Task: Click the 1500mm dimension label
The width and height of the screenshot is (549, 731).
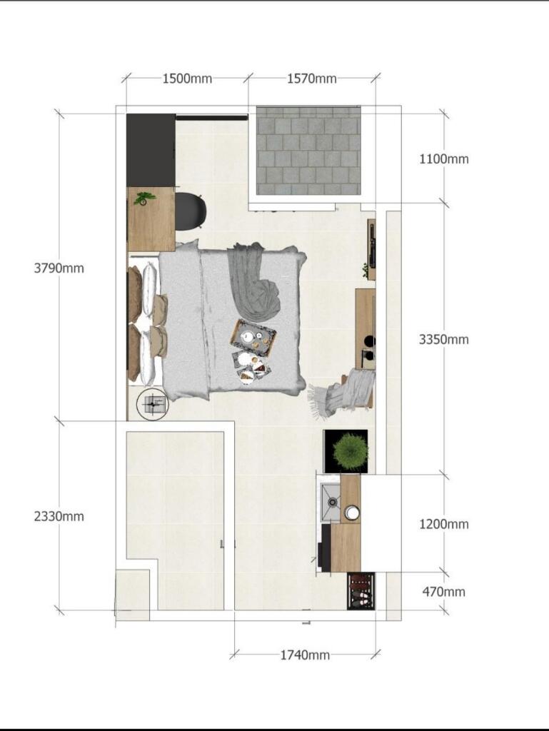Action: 187,79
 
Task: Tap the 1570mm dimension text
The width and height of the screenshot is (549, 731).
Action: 311,79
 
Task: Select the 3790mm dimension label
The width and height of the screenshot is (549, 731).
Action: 59,268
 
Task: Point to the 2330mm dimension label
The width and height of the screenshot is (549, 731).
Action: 59,516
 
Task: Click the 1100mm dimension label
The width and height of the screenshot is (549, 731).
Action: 443,159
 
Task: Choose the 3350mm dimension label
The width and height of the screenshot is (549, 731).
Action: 443,339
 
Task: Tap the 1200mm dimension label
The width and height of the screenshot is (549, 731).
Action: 443,524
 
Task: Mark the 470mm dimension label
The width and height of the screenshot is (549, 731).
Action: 443,592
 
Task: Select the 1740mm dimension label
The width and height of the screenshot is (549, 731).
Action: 305,655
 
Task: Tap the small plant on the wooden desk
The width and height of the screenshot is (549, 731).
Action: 143,198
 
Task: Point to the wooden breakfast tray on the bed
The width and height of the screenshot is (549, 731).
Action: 253,338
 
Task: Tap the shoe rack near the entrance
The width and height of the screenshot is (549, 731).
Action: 361,591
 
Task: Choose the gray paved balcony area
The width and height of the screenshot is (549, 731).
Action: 308,151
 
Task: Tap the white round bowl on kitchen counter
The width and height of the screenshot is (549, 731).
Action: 351,513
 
